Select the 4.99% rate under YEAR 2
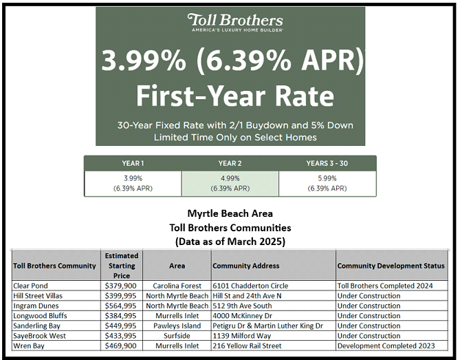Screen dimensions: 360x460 (230, 178)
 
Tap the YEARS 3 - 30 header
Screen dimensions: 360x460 (327, 163)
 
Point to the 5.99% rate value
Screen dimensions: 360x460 (327, 178)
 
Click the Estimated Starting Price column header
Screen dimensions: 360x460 (122, 266)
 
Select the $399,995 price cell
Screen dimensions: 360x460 (121, 296)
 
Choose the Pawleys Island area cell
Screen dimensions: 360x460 (177, 326)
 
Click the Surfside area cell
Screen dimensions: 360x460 (177, 335)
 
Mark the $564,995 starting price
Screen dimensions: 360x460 (121, 306)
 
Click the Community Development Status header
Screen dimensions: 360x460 (390, 266)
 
